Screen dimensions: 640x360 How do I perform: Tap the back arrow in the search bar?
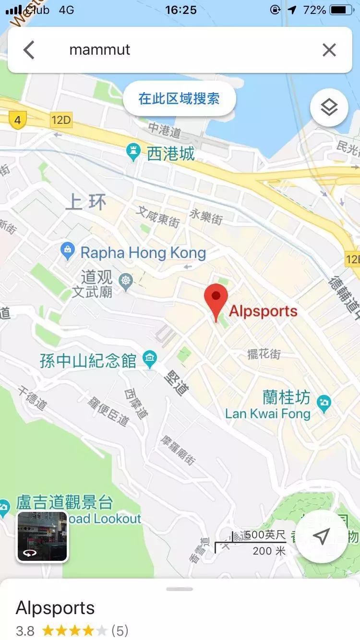(x=29, y=50)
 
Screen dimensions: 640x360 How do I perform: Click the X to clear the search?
(x=329, y=50)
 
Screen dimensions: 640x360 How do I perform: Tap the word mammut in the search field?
(x=100, y=50)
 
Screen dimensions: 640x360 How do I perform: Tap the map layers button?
(x=329, y=107)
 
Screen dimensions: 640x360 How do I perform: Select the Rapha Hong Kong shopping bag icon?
(x=68, y=250)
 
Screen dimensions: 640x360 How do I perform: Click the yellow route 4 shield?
(x=18, y=120)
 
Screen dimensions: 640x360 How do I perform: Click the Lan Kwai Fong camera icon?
(x=324, y=402)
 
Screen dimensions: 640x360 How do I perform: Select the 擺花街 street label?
(x=264, y=354)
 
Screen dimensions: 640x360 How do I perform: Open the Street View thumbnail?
(x=42, y=536)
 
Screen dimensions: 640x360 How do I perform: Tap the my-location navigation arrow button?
(x=321, y=536)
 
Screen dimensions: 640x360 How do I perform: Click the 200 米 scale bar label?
(x=269, y=551)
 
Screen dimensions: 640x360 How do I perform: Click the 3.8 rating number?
(x=25, y=630)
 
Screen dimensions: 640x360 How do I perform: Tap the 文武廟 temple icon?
(x=126, y=280)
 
